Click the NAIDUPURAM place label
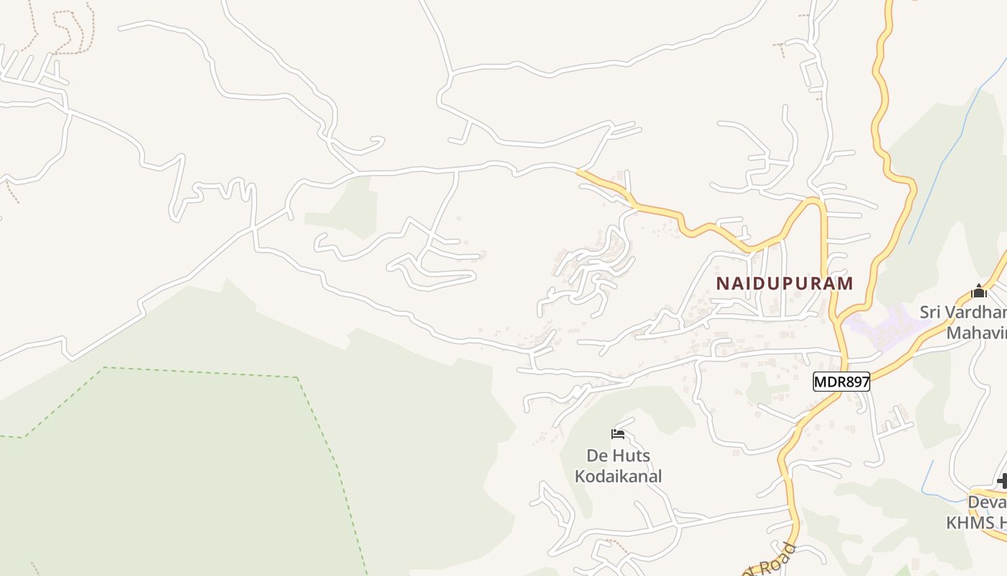coord(785,283)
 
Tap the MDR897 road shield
coord(842,382)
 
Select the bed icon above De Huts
coord(618,433)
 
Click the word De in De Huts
coord(598,456)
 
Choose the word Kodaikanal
coord(618,476)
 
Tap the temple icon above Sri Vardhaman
coord(978,292)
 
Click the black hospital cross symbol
coord(1002,480)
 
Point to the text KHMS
coord(971,523)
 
